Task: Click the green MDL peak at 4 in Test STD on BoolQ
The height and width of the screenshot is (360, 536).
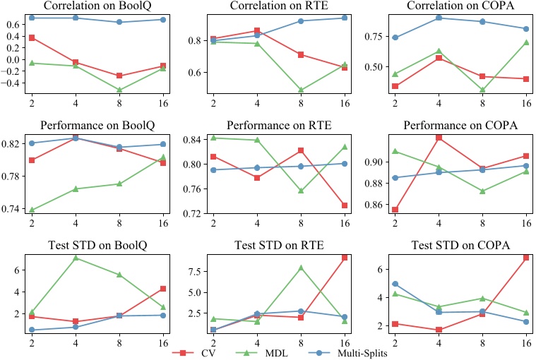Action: coord(74,258)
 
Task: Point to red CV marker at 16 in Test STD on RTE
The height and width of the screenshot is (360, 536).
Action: coord(345,258)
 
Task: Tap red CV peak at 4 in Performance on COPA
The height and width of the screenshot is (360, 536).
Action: coord(439,137)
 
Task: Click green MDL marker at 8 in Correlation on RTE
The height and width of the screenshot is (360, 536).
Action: coord(301,90)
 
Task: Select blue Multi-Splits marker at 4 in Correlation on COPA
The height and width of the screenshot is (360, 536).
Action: coord(439,18)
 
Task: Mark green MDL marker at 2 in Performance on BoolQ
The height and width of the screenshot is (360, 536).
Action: coord(31,210)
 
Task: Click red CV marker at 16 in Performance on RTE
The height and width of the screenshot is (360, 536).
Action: coord(345,205)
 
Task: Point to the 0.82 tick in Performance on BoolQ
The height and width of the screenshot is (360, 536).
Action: coord(14,143)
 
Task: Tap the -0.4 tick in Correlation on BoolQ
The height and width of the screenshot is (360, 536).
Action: coord(13,83)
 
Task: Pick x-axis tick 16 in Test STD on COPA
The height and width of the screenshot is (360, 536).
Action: coord(526,342)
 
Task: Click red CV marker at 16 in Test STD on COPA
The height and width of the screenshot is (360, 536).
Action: coord(526,258)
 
